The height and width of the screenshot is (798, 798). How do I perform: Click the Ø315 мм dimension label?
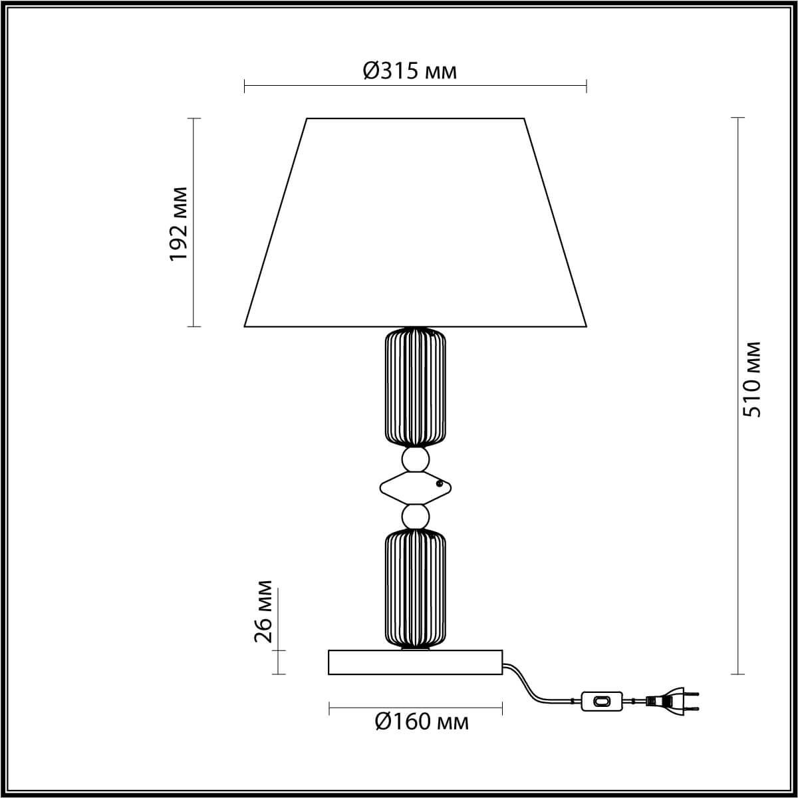point(410,70)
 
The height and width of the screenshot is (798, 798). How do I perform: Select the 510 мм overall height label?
point(751,379)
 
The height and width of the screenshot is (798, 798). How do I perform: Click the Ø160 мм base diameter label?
point(422,722)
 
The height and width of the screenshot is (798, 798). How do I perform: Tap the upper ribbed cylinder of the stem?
point(416,386)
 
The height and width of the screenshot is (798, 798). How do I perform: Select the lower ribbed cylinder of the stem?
point(416,589)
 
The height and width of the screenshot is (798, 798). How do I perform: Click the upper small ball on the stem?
point(415,459)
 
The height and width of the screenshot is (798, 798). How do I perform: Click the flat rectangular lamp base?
point(415,662)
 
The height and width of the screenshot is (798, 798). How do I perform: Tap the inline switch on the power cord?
point(601,701)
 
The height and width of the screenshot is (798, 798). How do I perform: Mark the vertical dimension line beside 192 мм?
point(194,279)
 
